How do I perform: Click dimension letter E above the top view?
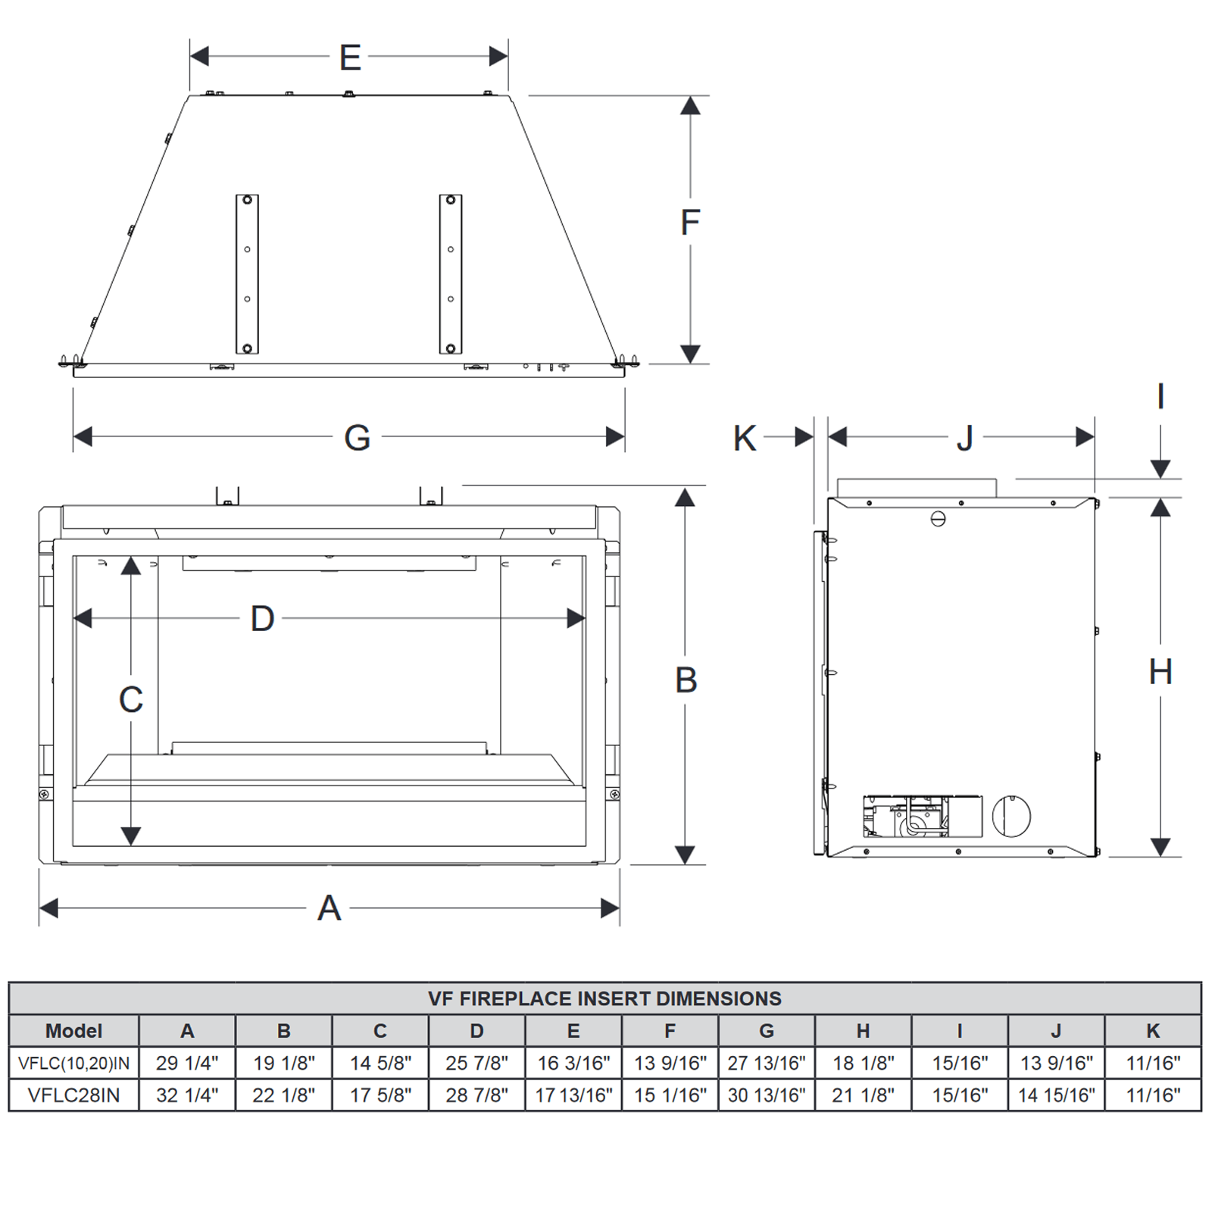coord(349,58)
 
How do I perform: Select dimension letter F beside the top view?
coord(689,223)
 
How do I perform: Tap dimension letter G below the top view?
coord(357,438)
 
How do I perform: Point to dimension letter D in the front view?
coord(262,619)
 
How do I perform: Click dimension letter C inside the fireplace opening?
coord(131,699)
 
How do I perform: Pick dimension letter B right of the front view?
coord(686,680)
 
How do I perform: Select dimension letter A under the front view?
coord(329,908)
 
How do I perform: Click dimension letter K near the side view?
coord(744,439)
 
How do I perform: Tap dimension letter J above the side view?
coord(964,439)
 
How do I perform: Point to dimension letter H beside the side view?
coord(1160,672)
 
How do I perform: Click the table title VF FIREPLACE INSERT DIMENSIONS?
coord(604,998)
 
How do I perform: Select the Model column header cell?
coord(73,1031)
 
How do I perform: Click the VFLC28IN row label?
coord(73,1095)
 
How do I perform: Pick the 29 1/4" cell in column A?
coord(187,1063)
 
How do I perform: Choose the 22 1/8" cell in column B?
coord(283,1095)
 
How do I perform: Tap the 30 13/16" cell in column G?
coord(767,1095)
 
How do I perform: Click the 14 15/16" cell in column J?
coord(1056,1095)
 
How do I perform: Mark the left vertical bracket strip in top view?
coord(247,274)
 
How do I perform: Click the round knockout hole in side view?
coord(1011,816)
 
